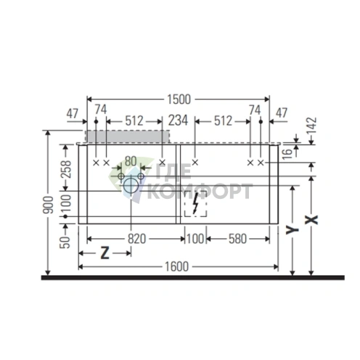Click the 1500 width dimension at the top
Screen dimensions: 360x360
(179, 99)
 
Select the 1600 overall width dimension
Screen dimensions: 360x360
(176, 266)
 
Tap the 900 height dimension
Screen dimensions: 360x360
(48, 205)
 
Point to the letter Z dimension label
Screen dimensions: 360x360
(105, 253)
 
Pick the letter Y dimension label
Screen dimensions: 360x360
(292, 230)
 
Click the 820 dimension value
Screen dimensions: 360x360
(136, 239)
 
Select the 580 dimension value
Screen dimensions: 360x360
(237, 239)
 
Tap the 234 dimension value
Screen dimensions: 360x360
(178, 120)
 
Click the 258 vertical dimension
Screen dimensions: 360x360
(66, 169)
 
